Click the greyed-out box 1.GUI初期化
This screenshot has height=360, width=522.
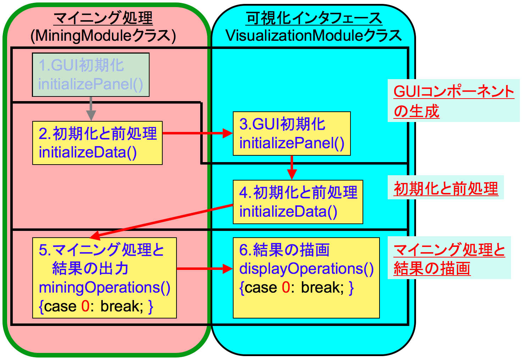(91, 75)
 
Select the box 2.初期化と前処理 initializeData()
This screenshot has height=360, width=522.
(97, 143)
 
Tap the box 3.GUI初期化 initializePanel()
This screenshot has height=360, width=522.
(292, 134)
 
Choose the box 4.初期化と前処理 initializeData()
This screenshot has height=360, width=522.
(298, 202)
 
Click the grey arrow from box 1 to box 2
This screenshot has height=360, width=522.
(91, 109)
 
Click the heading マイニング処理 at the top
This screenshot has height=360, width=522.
(103, 18)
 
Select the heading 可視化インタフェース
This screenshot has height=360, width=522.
(314, 18)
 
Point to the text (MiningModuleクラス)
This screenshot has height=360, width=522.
(103, 35)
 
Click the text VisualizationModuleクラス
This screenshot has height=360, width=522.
(314, 35)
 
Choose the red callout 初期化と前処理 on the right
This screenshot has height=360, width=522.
(446, 188)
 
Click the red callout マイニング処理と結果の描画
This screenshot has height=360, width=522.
(449, 259)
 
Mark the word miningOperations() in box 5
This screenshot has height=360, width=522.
(105, 288)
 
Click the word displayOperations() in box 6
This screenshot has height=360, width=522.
(307, 269)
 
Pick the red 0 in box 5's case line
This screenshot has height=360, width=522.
(85, 306)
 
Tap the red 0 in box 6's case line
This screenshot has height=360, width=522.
(286, 287)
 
